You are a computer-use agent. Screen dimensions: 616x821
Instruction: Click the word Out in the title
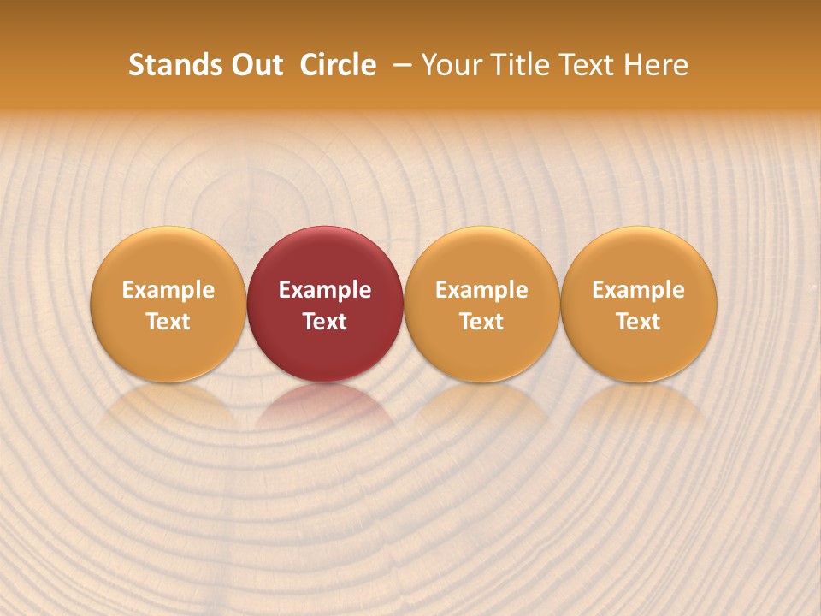point(254,65)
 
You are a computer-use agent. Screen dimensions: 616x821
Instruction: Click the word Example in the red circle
point(325,290)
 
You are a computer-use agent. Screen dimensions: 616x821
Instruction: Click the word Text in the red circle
point(325,322)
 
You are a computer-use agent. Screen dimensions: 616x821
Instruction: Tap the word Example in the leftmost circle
point(168,290)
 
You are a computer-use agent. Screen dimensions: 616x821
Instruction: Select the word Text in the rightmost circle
point(639,322)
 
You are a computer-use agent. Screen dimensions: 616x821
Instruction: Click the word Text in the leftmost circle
point(168,322)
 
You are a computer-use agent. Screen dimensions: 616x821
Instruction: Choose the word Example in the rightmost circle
point(639,290)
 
